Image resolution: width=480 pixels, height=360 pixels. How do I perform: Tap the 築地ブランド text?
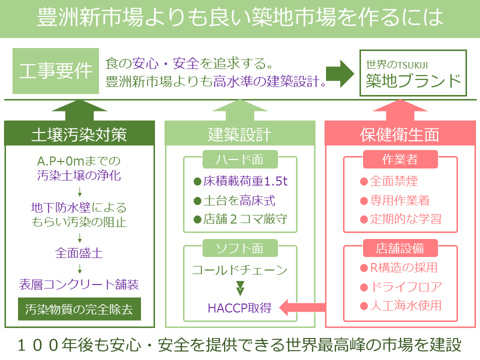(412, 80)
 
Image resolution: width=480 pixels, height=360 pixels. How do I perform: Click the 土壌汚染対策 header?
(79, 134)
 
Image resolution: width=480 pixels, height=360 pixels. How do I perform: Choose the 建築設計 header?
(239, 134)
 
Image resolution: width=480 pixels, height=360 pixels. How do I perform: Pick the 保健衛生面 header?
(399, 134)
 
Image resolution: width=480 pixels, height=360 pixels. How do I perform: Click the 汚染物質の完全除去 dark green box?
(79, 309)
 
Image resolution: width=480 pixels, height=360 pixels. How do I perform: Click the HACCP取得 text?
(240, 307)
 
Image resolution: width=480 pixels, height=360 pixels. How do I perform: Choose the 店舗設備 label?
(399, 247)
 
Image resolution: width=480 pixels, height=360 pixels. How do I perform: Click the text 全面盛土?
(79, 252)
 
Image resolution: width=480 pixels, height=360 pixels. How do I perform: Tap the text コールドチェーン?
(239, 270)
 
